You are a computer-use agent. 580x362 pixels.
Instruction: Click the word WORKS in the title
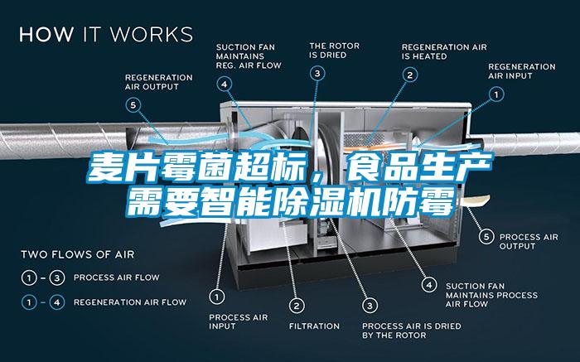click(x=151, y=35)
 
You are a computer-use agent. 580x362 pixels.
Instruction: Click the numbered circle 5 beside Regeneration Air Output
click(x=134, y=104)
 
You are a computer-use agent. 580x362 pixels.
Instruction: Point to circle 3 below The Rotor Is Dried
click(x=318, y=74)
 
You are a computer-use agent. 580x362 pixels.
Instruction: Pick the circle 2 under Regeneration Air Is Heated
click(x=409, y=75)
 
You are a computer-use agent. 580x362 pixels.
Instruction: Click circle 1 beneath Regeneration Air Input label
click(x=497, y=95)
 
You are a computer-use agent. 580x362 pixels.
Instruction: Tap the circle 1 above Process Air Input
click(x=217, y=295)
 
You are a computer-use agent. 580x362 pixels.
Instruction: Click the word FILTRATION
click(x=314, y=326)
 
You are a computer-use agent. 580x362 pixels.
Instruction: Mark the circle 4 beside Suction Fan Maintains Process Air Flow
click(x=429, y=284)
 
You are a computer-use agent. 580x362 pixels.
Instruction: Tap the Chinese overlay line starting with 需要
click(x=289, y=200)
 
